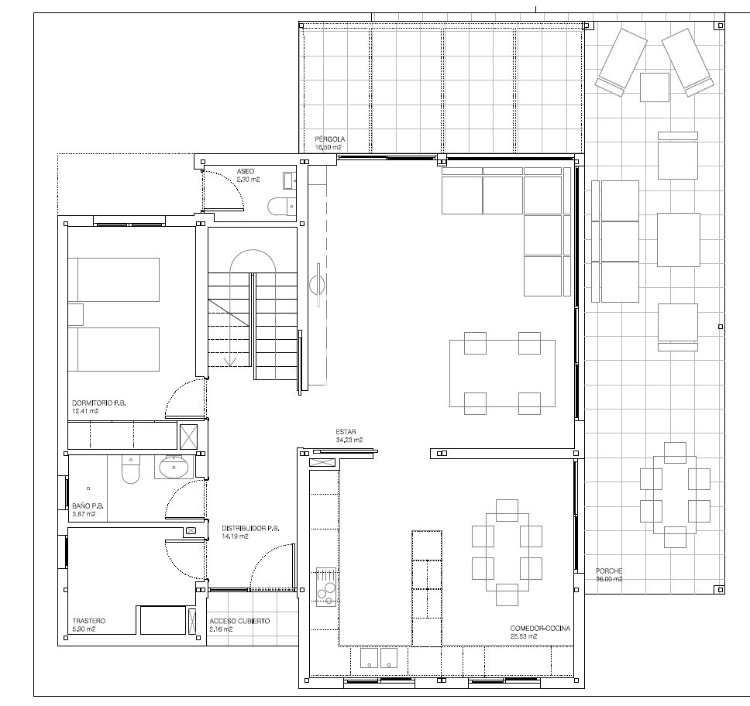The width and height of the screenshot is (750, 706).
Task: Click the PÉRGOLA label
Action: click(329, 139)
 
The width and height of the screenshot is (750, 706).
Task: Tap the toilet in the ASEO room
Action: click(281, 207)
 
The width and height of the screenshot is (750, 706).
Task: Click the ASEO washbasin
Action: click(289, 180)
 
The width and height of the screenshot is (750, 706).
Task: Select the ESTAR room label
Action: click(346, 432)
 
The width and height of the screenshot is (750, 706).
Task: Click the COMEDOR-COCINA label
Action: click(540, 628)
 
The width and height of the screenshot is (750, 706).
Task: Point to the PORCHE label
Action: click(608, 571)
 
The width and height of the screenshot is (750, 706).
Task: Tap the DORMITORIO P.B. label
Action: click(99, 403)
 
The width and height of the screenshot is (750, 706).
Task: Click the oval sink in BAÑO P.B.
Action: click(174, 467)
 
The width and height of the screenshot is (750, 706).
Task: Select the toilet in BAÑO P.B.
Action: click(131, 469)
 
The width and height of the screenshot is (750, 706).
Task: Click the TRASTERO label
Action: click(88, 620)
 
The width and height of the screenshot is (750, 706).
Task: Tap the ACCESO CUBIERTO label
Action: click(239, 621)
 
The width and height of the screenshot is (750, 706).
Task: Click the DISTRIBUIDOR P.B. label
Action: click(250, 528)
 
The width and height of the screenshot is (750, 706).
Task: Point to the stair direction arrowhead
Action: click(231, 362)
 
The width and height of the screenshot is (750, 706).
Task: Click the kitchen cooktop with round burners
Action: click(326, 587)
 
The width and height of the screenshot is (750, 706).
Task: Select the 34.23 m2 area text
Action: click(349, 440)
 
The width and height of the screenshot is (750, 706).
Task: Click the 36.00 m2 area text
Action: click(609, 579)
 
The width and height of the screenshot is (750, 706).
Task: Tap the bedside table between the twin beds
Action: click(76, 314)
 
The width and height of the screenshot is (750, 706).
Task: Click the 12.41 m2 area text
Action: click(86, 411)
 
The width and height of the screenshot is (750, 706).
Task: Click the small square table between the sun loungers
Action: click(655, 87)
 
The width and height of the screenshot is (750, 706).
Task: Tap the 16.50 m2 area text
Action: click(329, 147)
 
